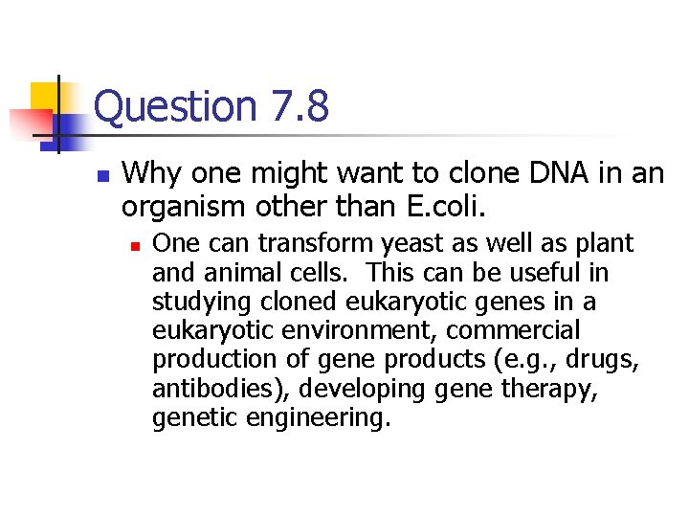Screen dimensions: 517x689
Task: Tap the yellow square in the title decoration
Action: pyautogui.click(x=46, y=97)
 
